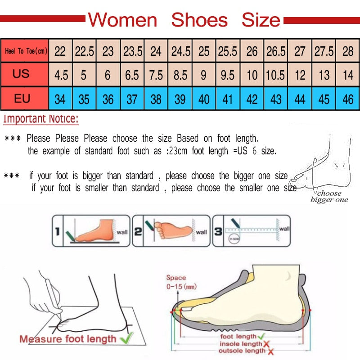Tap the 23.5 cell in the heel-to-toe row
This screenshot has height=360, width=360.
132,51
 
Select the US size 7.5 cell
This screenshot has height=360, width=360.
156,74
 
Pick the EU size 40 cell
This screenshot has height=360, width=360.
204,99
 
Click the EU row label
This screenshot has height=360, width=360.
22,98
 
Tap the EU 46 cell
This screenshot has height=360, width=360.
348,99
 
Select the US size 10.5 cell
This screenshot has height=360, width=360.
275,74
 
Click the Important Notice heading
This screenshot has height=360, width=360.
41,119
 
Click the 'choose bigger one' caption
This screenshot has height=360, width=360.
329,197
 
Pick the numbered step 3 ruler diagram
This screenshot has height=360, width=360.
251,230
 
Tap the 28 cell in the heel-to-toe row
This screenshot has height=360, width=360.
348,51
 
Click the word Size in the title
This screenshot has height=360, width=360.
261,20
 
